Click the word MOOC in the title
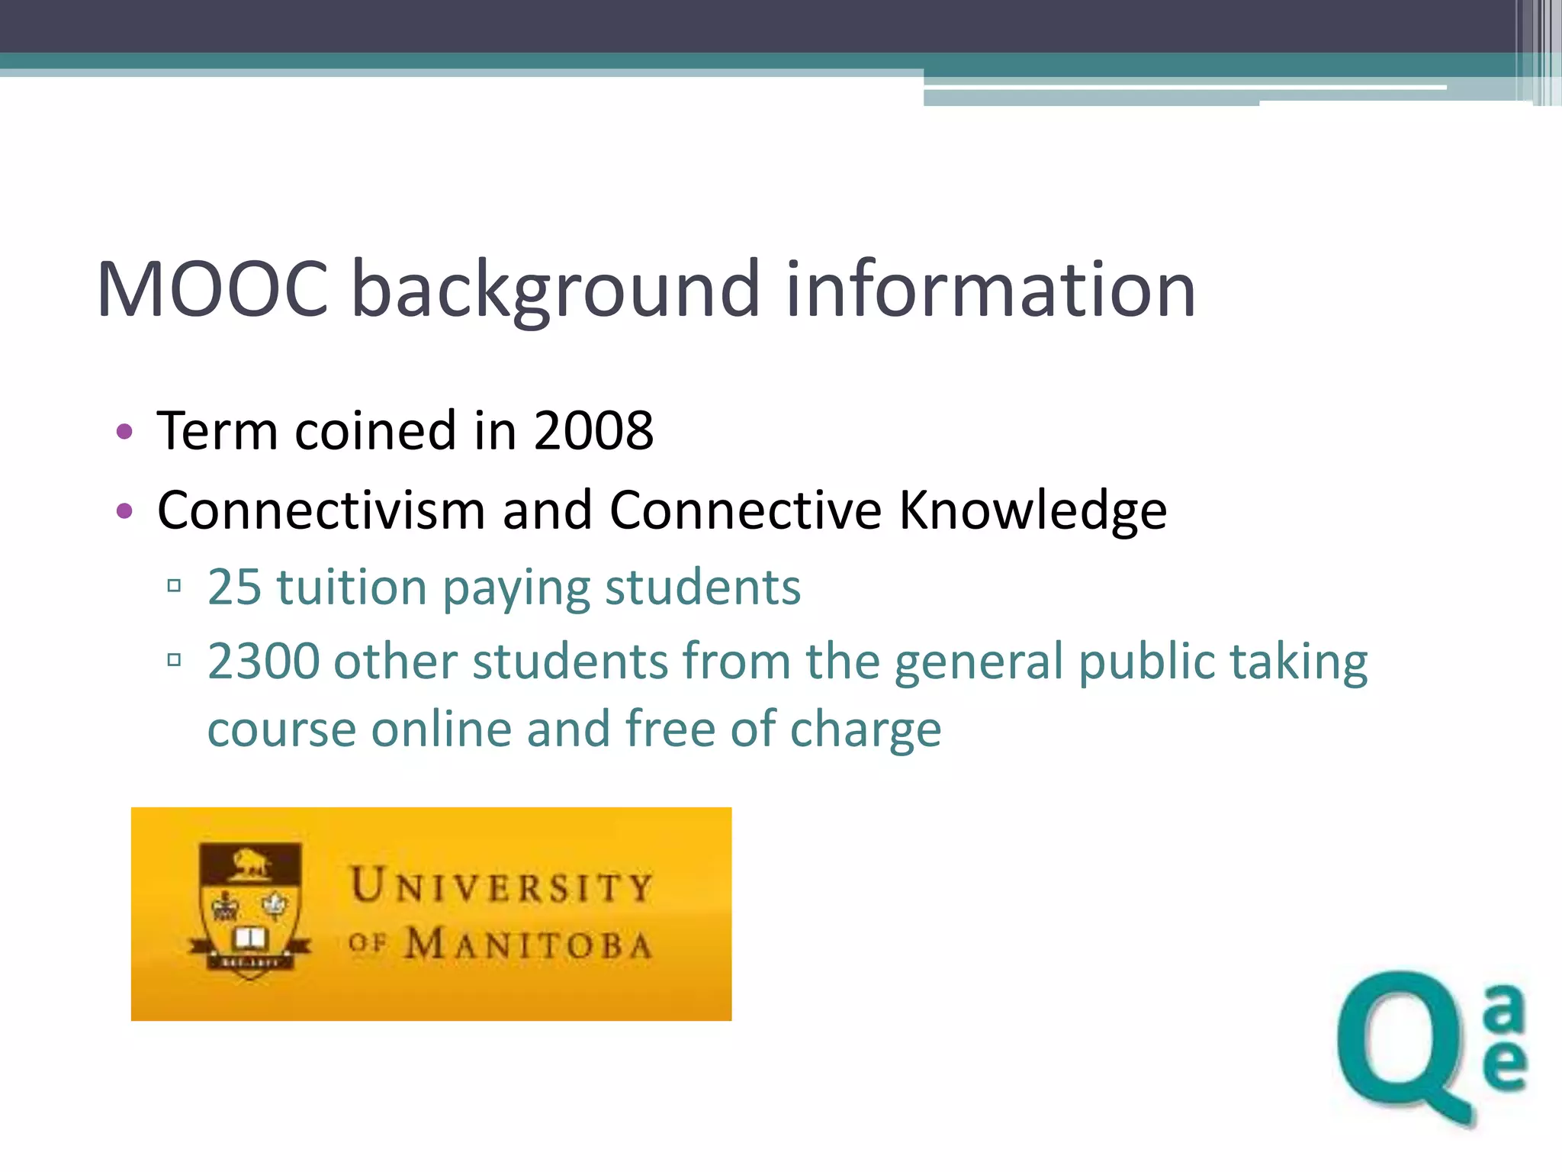pos(213,289)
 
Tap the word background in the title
pos(556,291)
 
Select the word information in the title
pos(990,289)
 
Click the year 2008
pos(593,431)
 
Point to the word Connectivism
pos(321,510)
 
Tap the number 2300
pos(263,661)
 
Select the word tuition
pos(352,588)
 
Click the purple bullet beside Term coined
pos(124,432)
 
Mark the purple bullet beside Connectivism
pos(124,510)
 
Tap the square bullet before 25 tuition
pos(174,586)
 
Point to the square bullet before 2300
pos(174,659)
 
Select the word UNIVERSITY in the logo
pos(501,887)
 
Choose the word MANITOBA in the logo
pos(528,945)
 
